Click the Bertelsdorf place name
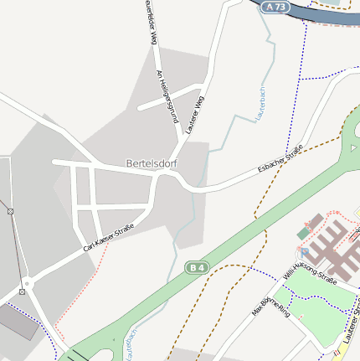point(152,162)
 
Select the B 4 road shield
point(197,267)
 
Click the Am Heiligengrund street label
point(168,97)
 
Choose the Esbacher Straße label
point(280,160)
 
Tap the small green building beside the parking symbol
point(303,230)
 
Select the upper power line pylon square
point(11,211)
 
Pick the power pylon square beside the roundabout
point(21,291)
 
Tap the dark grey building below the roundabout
point(17,322)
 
